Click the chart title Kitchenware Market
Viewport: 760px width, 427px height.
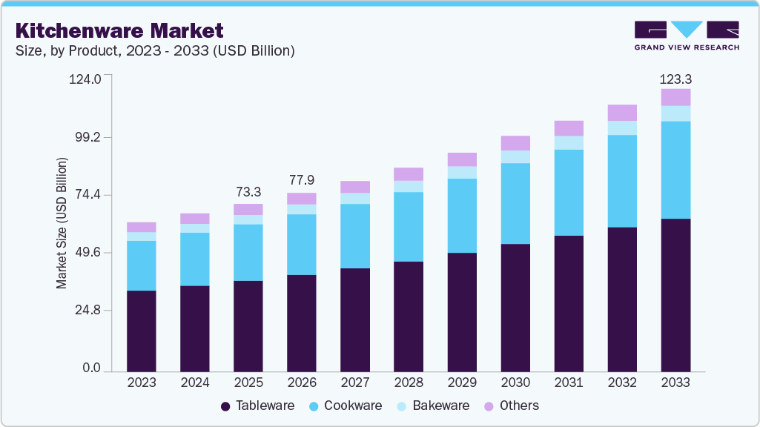click(x=119, y=31)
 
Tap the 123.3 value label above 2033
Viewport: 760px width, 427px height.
click(x=675, y=79)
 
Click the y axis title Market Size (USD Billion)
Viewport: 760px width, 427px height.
click(x=62, y=223)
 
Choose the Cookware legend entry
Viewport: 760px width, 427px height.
click(x=346, y=406)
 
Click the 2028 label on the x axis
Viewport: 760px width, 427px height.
click(x=409, y=383)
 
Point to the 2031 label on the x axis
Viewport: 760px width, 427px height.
click(x=569, y=383)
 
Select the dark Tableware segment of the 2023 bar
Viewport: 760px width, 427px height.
click(x=142, y=331)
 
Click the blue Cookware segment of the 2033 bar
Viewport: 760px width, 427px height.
click(x=675, y=170)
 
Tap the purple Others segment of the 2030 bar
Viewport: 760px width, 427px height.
click(x=515, y=143)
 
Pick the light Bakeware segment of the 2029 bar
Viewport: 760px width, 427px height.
click(x=462, y=172)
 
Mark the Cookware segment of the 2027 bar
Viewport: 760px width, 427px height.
click(x=355, y=236)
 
